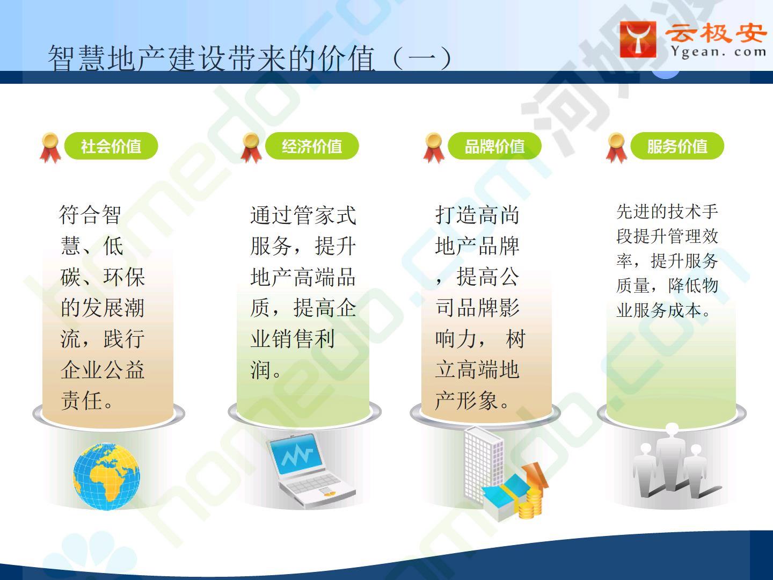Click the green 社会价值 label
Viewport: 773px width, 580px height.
pyautogui.click(x=111, y=146)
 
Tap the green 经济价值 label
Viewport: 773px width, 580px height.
pyautogui.click(x=312, y=146)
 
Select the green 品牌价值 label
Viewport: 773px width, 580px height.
pyautogui.click(x=494, y=146)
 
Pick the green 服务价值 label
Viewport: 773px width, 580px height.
pyautogui.click(x=677, y=146)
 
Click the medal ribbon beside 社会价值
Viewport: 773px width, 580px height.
pyautogui.click(x=50, y=148)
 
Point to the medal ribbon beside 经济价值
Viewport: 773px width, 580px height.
pyautogui.click(x=251, y=148)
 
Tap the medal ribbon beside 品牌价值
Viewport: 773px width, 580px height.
pyautogui.click(x=434, y=148)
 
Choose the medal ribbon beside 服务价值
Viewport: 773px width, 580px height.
pyautogui.click(x=616, y=148)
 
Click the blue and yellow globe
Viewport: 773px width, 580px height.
pyautogui.click(x=106, y=476)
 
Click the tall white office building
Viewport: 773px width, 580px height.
pyautogui.click(x=484, y=462)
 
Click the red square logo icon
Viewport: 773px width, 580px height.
pyautogui.click(x=638, y=39)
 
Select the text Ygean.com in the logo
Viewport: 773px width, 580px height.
pyautogui.click(x=718, y=53)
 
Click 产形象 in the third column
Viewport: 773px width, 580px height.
pyautogui.click(x=466, y=401)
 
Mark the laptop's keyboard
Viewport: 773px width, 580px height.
pyautogui.click(x=313, y=483)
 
